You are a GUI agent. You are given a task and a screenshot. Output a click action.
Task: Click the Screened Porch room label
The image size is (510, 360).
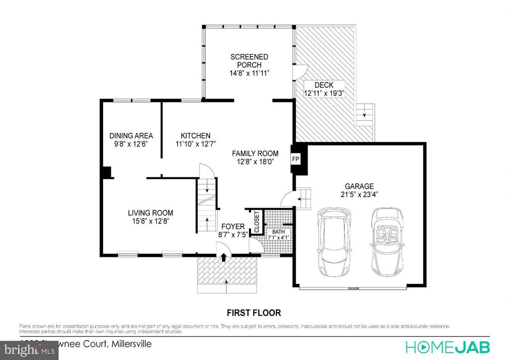click(x=249, y=61)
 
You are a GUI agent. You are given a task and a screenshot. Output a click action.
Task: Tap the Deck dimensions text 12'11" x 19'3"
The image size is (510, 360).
click(x=324, y=93)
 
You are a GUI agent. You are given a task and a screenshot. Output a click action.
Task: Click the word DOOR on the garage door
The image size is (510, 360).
click(x=354, y=288)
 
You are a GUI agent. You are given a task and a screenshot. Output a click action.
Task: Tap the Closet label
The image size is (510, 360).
click(x=257, y=222)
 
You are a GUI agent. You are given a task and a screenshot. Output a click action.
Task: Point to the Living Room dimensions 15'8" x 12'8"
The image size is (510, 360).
click(x=150, y=222)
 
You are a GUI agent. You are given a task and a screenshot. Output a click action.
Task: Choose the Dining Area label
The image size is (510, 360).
click(x=131, y=135)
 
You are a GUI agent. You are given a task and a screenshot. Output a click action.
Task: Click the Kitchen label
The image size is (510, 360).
click(x=195, y=135)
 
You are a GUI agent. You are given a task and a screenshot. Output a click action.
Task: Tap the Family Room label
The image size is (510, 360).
click(x=255, y=153)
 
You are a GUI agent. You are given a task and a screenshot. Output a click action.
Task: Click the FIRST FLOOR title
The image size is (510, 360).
click(x=254, y=313)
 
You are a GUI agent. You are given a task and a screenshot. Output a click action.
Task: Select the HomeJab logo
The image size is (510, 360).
click(x=448, y=346)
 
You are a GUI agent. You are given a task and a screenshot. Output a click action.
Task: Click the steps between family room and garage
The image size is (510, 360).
click(x=303, y=199)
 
